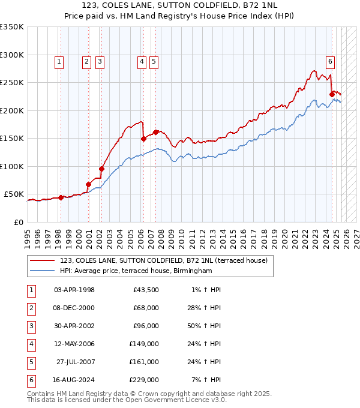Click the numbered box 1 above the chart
coord(59,61)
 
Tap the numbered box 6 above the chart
coord(331,61)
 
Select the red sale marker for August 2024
coord(332,94)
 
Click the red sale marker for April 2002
coord(101,169)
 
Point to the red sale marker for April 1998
coord(61,197)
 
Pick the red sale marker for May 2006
coord(143,139)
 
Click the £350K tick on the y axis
coord(12,27)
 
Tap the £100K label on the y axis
coord(12,166)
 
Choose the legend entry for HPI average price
coord(136,271)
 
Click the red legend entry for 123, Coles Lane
coord(167,260)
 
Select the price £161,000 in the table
coord(145,362)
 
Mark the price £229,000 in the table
coord(145,380)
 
